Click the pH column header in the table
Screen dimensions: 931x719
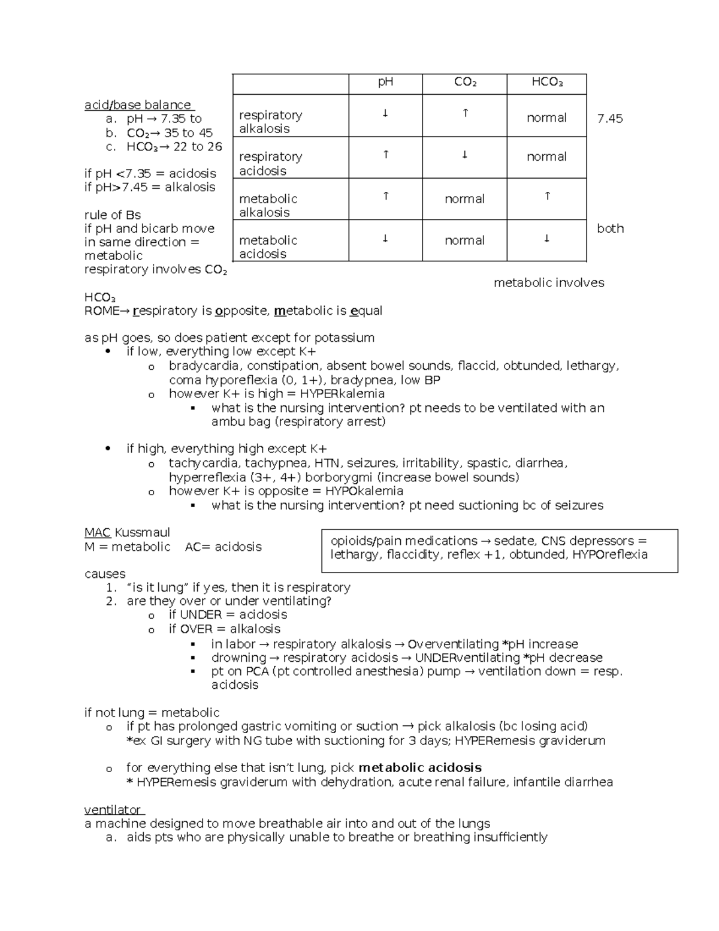tap(385, 83)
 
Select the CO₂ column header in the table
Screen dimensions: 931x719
tap(464, 83)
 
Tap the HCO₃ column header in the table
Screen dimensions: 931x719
tap(546, 83)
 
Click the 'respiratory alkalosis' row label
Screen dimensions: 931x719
tap(270, 122)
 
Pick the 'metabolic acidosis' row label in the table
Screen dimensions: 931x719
tap(268, 247)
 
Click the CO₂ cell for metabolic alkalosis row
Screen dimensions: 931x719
tap(464, 199)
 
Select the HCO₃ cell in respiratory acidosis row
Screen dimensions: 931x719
tap(546, 157)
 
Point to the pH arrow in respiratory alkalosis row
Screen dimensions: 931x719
tap(385, 113)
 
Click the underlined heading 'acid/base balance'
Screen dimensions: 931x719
tap(138, 105)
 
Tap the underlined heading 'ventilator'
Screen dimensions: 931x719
tap(113, 810)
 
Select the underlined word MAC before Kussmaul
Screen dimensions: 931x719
tap(97, 532)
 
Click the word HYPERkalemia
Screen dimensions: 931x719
tap(342, 394)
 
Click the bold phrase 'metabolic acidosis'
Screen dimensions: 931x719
tap(419, 768)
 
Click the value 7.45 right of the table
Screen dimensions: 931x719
tap(610, 119)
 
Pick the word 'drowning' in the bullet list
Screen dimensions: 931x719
tap(238, 658)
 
